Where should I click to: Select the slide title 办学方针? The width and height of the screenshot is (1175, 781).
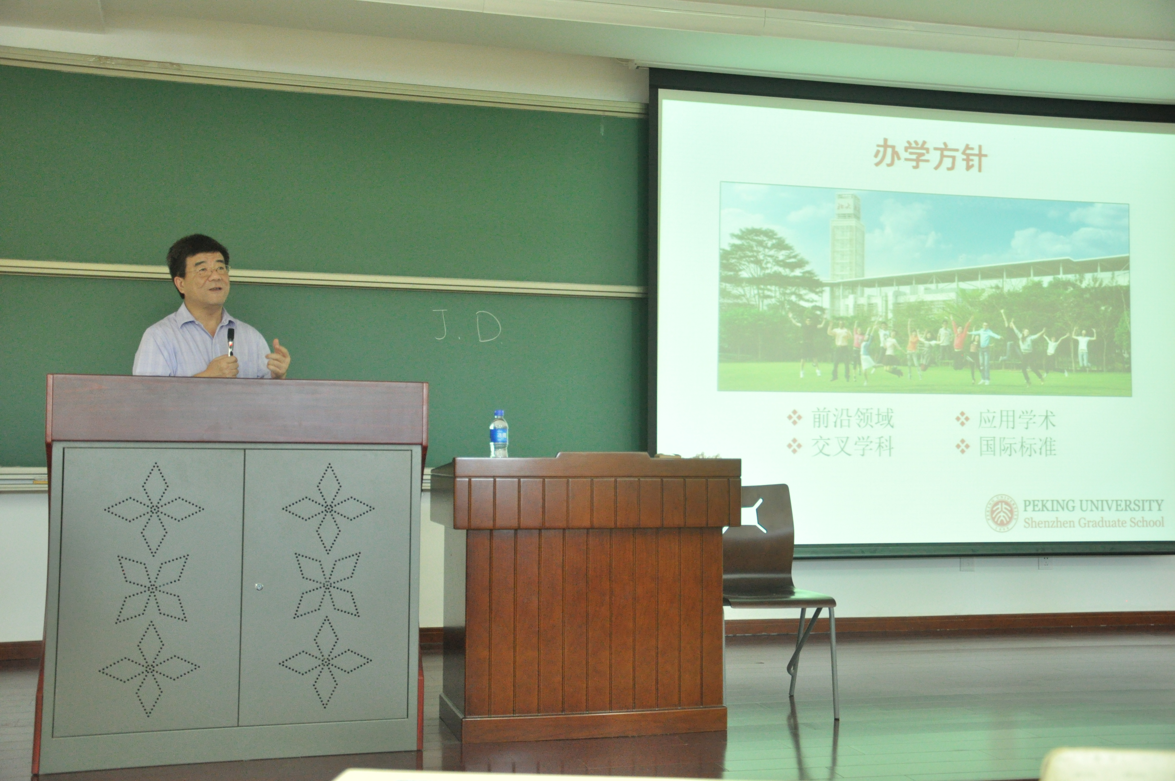[930, 156]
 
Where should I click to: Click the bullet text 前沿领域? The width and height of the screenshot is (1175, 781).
[852, 418]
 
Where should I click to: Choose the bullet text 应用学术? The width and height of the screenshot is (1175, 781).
[1016, 419]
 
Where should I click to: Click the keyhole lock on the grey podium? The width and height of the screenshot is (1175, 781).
[258, 587]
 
